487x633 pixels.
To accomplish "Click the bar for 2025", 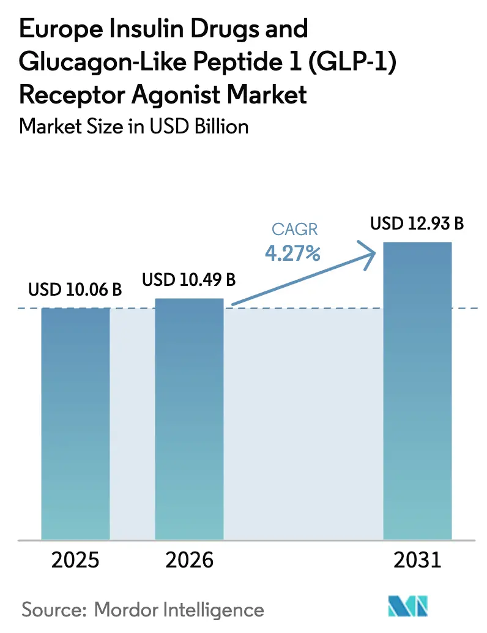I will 75,422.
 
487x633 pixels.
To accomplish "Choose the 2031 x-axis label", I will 417,560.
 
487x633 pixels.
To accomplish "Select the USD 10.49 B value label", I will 189,280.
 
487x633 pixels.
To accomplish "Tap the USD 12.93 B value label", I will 417,223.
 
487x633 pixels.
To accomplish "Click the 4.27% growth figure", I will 292,253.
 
